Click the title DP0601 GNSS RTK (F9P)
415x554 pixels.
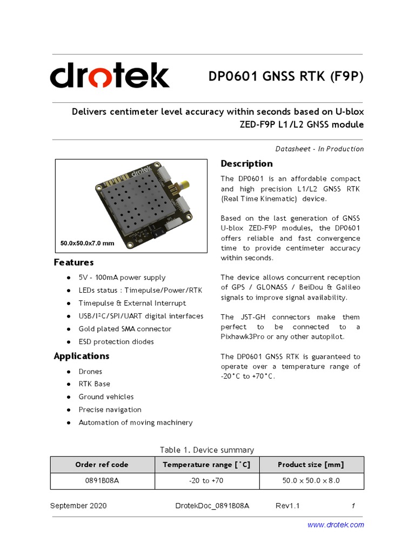286,77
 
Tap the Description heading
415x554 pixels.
246,164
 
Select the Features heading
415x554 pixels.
73,262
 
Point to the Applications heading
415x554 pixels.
82,356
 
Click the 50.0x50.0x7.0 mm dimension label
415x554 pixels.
88,243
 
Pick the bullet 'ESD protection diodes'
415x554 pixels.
116,342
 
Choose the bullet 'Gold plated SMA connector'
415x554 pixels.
125,329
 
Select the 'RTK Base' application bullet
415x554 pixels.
94,384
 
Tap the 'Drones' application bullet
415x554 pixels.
90,372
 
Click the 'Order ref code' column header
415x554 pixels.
102,465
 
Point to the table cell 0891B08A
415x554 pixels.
102,480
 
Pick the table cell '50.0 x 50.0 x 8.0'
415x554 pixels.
311,480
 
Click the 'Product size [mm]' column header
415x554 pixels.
311,465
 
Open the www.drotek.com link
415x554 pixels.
336,525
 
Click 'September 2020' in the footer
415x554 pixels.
78,506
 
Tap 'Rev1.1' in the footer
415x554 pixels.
287,506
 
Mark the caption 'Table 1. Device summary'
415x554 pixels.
207,450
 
